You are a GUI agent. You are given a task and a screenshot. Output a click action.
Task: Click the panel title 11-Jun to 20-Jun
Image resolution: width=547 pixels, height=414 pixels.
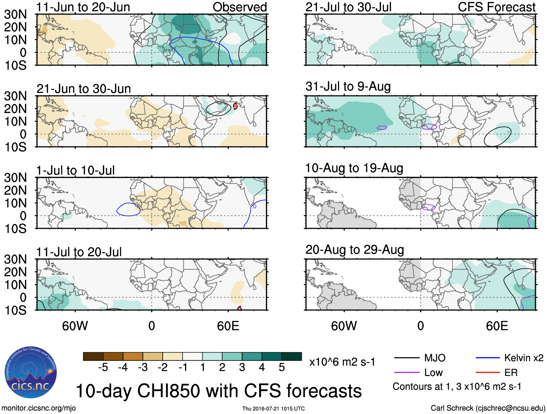(x=83, y=7)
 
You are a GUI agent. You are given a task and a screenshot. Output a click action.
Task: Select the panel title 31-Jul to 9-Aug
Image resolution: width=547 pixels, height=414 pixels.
(x=348, y=86)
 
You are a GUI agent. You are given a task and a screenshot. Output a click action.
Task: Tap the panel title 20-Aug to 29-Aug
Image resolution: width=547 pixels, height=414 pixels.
(x=354, y=250)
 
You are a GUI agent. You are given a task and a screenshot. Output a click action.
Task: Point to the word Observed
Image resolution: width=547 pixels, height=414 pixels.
(x=239, y=7)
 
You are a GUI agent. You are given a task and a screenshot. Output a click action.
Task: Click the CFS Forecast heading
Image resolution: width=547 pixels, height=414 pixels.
(x=496, y=7)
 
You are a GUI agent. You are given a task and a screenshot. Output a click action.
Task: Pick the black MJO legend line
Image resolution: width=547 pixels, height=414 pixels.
(x=406, y=358)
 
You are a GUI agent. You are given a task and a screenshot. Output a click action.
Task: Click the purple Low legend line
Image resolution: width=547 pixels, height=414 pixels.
(x=406, y=372)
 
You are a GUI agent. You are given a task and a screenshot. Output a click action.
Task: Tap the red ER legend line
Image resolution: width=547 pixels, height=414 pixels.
(x=488, y=372)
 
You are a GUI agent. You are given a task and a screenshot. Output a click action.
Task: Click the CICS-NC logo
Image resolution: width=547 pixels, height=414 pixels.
(x=30, y=372)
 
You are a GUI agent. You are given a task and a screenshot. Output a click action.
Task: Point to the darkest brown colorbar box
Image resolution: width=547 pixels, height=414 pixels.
(x=93, y=356)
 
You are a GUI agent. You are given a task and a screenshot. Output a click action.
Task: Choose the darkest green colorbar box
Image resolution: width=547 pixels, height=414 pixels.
(x=292, y=356)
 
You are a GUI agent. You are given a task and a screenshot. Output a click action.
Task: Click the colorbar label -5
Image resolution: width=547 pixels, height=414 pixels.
(x=103, y=368)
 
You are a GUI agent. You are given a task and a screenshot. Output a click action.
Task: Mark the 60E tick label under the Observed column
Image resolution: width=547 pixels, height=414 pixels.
(x=228, y=326)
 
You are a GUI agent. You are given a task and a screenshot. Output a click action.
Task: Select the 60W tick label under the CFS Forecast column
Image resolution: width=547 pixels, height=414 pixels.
(x=344, y=326)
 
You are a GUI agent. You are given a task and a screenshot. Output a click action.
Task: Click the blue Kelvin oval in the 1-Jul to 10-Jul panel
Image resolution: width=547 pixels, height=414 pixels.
(x=128, y=209)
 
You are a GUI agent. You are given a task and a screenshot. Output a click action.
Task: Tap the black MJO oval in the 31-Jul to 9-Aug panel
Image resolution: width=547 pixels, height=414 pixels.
(x=498, y=136)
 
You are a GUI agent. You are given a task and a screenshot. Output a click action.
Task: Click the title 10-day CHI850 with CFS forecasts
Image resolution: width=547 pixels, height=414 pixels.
(x=218, y=391)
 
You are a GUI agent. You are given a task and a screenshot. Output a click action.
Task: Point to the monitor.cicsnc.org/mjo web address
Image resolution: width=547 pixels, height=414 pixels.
(x=39, y=408)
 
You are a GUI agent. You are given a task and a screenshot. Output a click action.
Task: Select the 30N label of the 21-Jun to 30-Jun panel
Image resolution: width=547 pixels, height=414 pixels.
(x=15, y=96)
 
